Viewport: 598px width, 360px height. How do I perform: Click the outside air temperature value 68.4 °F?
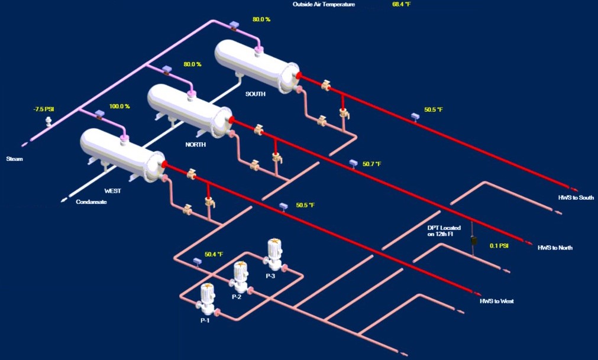point(402,4)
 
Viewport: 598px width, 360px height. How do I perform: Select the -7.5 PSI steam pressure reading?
point(44,109)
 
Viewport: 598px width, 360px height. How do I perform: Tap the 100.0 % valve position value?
point(119,107)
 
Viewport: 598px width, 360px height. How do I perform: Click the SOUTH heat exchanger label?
point(256,93)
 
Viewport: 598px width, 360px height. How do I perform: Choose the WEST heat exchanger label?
point(112,191)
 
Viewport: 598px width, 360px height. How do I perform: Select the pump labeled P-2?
point(240,277)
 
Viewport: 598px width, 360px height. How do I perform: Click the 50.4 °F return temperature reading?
point(214,255)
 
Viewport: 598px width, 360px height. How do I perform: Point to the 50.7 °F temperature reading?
point(372,164)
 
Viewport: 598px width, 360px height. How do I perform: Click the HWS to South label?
point(576,197)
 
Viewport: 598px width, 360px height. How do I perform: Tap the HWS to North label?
point(555,248)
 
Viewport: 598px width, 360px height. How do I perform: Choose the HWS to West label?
point(496,301)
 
